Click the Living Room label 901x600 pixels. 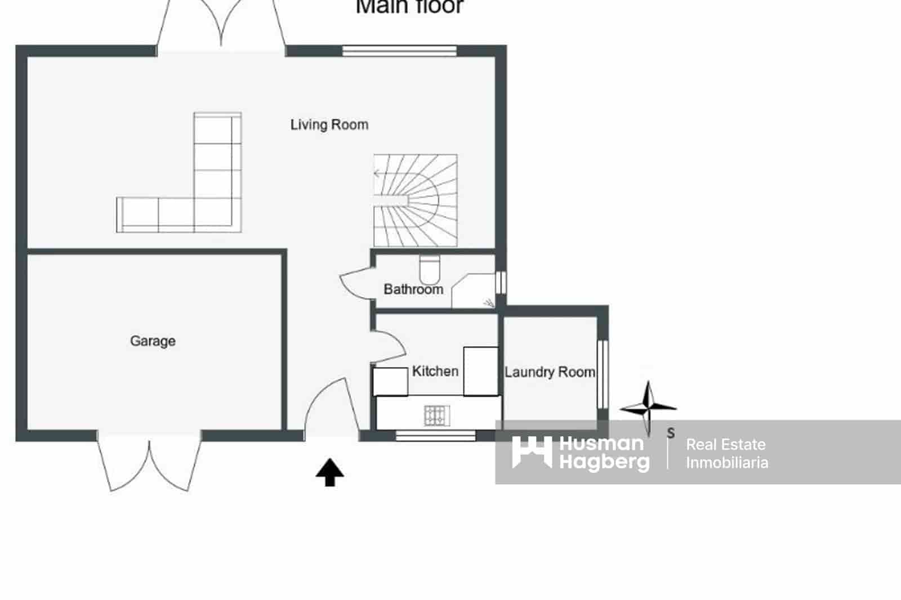(x=329, y=124)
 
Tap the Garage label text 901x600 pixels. (x=153, y=341)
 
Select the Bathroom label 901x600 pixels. (x=413, y=289)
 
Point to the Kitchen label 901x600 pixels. (x=435, y=371)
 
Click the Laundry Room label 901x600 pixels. (x=550, y=372)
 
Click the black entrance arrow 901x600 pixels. (x=329, y=472)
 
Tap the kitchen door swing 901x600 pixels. (x=387, y=344)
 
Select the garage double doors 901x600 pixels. (x=149, y=462)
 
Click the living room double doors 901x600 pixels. (x=221, y=25)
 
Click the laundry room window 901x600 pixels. (x=602, y=374)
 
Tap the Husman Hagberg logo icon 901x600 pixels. (x=531, y=452)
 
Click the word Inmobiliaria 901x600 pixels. (x=726, y=463)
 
